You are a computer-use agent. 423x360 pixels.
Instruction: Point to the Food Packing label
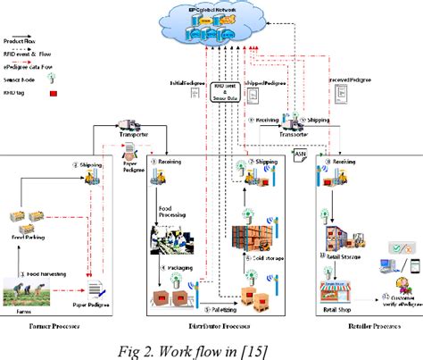click(29, 238)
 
